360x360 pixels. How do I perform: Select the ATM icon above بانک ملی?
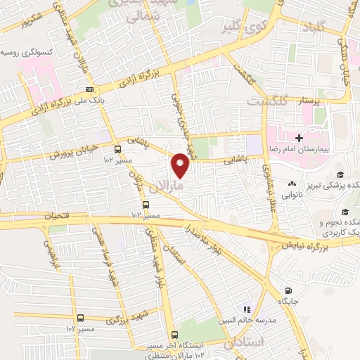click(x=89, y=89)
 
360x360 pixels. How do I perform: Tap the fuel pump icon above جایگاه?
click(x=288, y=291)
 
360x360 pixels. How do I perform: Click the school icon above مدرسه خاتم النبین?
click(x=246, y=309)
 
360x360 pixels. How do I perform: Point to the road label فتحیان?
click(x=59, y=216)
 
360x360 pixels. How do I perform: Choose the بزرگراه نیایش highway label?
click(x=307, y=246)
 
